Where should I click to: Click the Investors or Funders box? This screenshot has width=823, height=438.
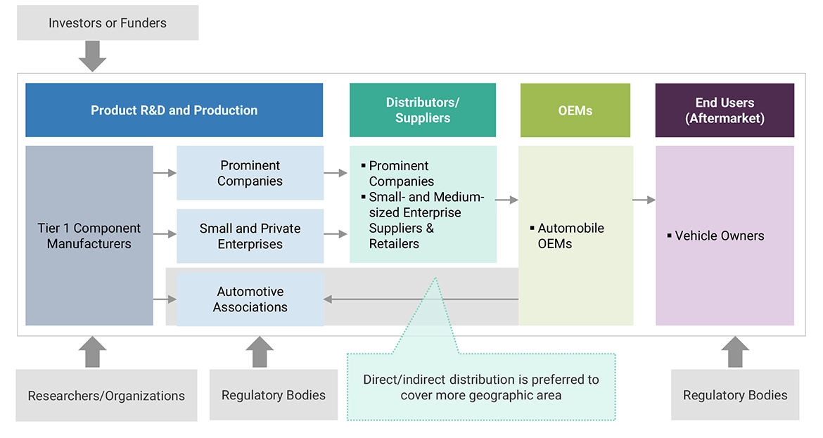[108, 23]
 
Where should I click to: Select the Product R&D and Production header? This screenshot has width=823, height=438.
[174, 110]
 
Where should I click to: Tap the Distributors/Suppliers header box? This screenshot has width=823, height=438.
[422, 110]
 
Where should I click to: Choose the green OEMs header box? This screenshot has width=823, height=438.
[575, 110]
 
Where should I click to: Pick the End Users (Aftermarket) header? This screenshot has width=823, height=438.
[725, 110]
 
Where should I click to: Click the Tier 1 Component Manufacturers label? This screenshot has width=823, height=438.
[89, 236]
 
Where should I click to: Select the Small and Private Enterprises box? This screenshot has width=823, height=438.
[250, 236]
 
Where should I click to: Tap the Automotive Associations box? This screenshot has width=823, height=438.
[250, 299]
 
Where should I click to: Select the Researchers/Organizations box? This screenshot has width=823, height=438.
[106, 396]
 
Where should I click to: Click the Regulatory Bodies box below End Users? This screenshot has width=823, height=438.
[735, 396]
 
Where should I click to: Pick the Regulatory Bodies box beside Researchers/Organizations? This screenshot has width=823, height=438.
[273, 396]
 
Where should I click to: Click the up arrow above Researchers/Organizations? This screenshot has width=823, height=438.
[92, 352]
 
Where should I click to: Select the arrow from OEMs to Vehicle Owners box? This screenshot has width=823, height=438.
[644, 200]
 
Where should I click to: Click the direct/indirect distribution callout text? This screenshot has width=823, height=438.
[481, 387]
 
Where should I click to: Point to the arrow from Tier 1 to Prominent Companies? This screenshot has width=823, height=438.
[165, 173]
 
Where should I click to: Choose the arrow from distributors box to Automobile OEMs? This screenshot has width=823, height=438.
[506, 200]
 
